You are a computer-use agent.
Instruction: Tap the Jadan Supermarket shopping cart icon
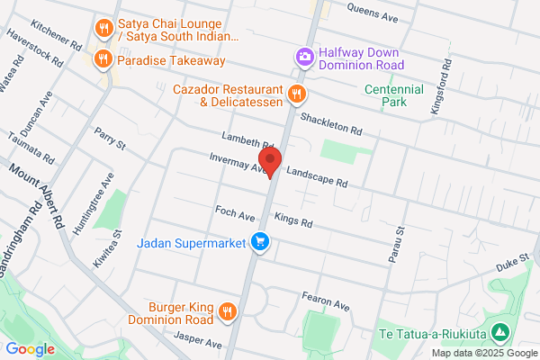tap(260, 242)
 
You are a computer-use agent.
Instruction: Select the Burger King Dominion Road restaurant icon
tap(227, 311)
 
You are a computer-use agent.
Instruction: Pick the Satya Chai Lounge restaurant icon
tap(104, 29)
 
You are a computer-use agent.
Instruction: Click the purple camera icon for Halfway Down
tap(304, 57)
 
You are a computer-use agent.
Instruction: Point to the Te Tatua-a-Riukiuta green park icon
tap(501, 334)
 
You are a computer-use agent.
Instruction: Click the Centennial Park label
tap(393, 95)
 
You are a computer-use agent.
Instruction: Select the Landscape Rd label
tap(317, 175)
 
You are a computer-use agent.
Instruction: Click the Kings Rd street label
tap(293, 220)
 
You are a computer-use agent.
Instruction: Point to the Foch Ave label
tap(236, 214)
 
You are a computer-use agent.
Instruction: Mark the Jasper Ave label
tap(199, 341)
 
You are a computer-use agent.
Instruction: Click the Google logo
tap(30, 348)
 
